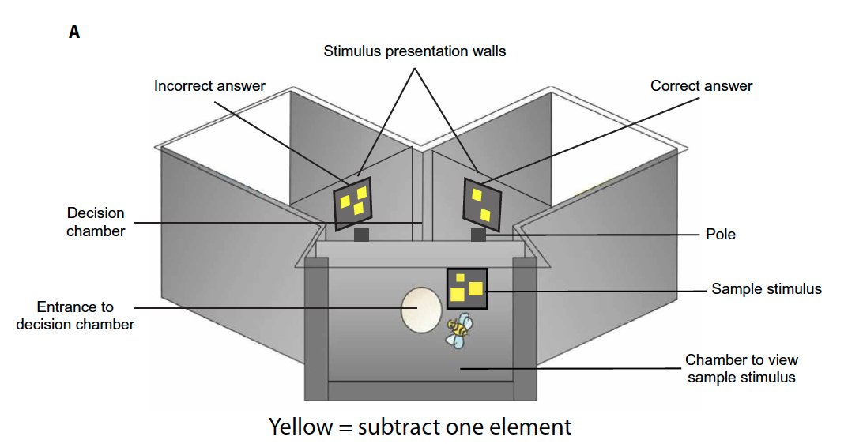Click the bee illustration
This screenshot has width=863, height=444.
[x=458, y=329]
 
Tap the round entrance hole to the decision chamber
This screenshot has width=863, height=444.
[x=421, y=309]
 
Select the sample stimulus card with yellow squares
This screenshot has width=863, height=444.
[x=467, y=288]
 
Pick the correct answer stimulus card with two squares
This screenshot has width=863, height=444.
[x=481, y=201]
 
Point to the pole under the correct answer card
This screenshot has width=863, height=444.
[x=478, y=235]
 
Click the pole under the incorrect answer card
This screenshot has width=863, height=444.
[x=361, y=235]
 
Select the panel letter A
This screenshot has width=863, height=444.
[x=74, y=33]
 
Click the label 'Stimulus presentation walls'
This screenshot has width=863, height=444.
[x=414, y=51]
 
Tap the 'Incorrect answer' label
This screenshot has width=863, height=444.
[x=209, y=85]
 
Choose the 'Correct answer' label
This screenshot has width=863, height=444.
[x=701, y=85]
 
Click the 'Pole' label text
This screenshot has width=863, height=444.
[x=720, y=235]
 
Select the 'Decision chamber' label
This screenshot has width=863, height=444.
[x=96, y=222]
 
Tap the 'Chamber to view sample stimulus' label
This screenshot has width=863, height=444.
[x=740, y=369]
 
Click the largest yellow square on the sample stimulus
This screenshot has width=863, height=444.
[x=458, y=295]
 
